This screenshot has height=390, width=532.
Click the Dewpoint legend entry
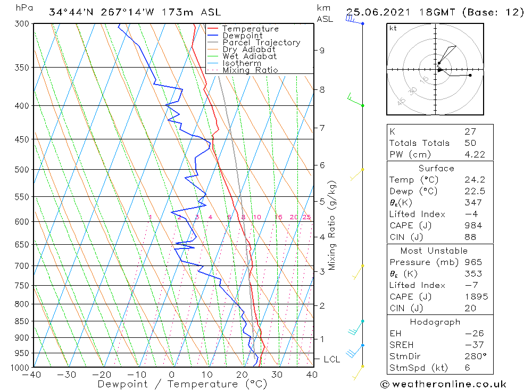point(242,36)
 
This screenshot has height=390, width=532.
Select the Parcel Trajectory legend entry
point(261,43)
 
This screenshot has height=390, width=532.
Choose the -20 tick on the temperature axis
point(102,375)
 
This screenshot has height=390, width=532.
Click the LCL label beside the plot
point(331,360)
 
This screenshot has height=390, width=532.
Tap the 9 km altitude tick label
point(322,51)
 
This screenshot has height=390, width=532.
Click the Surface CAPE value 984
point(473,226)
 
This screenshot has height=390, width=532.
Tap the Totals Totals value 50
point(470,143)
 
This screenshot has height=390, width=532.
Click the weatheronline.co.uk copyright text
point(443,384)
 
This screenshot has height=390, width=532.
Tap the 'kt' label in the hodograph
point(393,28)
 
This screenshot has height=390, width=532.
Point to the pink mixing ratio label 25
point(306,217)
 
